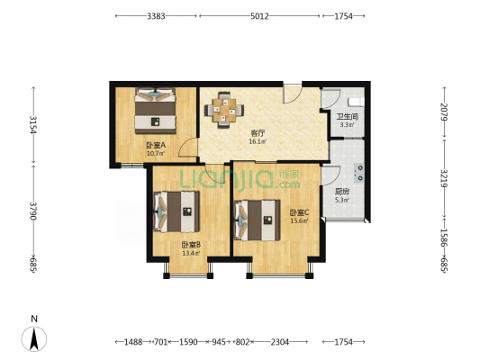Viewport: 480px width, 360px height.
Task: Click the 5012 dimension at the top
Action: click(x=259, y=16)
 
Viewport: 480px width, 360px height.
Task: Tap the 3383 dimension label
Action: click(x=156, y=16)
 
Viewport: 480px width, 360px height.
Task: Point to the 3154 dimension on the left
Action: click(x=33, y=125)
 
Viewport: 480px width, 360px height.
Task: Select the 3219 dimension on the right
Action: click(x=444, y=178)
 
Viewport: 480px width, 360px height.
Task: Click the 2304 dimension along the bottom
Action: click(x=280, y=342)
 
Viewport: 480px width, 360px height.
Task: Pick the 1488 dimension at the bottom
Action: click(x=133, y=342)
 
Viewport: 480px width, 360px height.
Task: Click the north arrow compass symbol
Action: click(x=34, y=338)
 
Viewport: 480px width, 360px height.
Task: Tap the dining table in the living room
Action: click(x=224, y=110)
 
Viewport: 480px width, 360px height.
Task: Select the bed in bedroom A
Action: click(x=156, y=111)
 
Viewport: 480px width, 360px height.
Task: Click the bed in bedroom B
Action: click(x=177, y=211)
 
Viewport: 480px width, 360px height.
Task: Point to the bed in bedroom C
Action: click(x=258, y=220)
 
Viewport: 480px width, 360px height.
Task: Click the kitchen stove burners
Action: click(x=359, y=173)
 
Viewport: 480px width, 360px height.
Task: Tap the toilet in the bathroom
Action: click(x=357, y=102)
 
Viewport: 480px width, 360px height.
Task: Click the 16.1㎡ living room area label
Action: click(x=258, y=141)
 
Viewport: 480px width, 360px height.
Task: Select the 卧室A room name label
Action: click(x=156, y=145)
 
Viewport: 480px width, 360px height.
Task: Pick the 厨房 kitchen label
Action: click(x=342, y=192)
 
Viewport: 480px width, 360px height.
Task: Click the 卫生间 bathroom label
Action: click(x=348, y=116)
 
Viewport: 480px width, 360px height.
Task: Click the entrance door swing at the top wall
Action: click(x=293, y=93)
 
